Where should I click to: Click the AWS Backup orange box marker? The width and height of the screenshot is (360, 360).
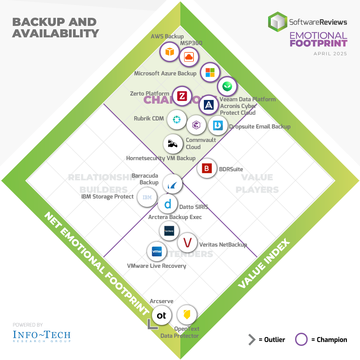(170, 52)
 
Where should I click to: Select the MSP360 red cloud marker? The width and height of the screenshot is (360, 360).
(189, 57)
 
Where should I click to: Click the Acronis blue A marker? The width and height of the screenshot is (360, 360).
(209, 105)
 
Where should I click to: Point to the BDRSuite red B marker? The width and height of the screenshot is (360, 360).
(207, 168)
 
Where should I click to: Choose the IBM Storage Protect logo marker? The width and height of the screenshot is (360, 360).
(147, 197)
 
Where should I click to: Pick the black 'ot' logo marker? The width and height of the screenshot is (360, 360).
(161, 315)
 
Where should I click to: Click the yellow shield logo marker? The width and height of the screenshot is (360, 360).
(187, 315)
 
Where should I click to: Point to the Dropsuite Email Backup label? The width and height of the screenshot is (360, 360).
(259, 127)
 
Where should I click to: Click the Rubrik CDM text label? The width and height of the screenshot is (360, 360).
(149, 118)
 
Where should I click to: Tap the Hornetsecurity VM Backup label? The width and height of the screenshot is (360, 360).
(161, 158)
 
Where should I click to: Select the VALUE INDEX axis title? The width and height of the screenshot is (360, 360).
(264, 264)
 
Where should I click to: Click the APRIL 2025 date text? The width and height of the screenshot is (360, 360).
(330, 54)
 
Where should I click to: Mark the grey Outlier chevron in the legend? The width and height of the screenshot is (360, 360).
(252, 340)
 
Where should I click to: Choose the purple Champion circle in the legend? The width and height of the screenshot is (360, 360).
(301, 339)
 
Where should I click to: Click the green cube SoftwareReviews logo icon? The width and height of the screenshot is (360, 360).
(277, 22)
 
